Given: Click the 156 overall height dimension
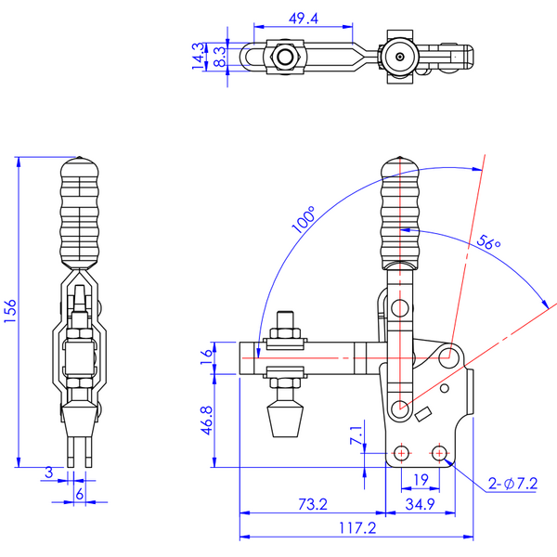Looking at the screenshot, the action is (x=10, y=311).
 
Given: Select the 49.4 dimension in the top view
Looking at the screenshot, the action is (x=303, y=19).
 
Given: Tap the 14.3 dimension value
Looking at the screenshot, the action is (x=199, y=56).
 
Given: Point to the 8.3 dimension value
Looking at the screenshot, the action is (x=220, y=57).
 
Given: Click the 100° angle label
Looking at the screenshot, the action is (x=303, y=219).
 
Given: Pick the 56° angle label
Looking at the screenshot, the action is (x=488, y=242).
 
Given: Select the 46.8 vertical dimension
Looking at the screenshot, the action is (x=207, y=421).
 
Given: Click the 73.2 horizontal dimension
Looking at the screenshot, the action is (x=313, y=504).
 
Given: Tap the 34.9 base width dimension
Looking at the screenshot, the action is (x=420, y=504).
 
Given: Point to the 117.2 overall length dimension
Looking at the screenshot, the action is (x=357, y=528).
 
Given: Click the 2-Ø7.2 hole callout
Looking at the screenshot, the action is (x=512, y=484).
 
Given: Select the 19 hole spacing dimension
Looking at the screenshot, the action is (x=421, y=480).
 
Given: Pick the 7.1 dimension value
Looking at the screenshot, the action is (x=356, y=434).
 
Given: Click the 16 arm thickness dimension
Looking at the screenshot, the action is (x=206, y=357).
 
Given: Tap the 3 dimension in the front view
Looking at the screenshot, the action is (x=48, y=473).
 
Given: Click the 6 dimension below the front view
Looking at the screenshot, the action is (x=80, y=494).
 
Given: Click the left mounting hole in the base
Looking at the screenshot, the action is (x=401, y=453).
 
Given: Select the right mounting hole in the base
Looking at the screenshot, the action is (x=439, y=453).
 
